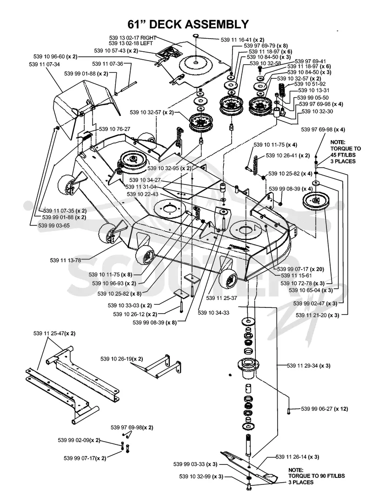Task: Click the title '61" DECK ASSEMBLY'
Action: tap(188, 24)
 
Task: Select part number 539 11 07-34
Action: tap(44, 64)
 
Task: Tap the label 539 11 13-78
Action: tap(66, 260)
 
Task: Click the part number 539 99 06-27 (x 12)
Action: tap(325, 409)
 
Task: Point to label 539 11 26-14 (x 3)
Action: tap(297, 457)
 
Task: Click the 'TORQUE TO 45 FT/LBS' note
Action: tap(345, 152)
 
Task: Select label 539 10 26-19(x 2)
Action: tap(122, 359)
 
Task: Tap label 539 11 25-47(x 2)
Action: tap(54, 334)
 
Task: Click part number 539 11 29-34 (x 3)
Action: tap(308, 366)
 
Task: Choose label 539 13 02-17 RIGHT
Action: tap(133, 38)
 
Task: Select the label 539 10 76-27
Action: tap(114, 129)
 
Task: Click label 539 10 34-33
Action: tap(213, 313)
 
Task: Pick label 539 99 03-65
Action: tap(53, 225)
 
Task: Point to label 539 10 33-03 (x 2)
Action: tap(130, 306)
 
